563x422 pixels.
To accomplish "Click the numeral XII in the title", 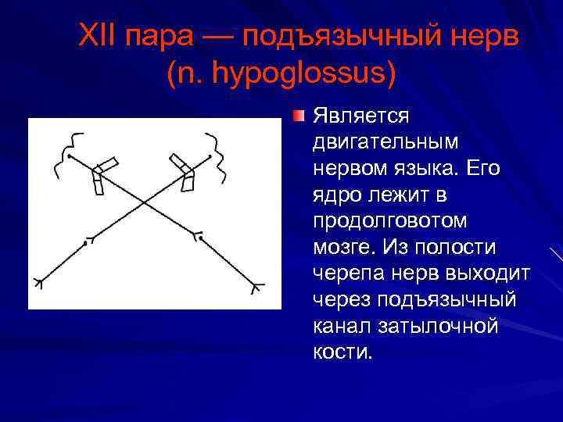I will tap(99, 38).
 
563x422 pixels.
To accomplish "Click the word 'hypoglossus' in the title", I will tap(299, 75).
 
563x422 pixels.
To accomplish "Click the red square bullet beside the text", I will tap(299, 117).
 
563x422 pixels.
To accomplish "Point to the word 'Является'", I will tap(360, 117).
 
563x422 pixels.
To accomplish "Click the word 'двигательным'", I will tap(385, 143).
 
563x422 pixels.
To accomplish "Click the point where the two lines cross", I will tap(142, 202).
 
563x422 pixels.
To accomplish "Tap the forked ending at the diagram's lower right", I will tap(255, 288).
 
